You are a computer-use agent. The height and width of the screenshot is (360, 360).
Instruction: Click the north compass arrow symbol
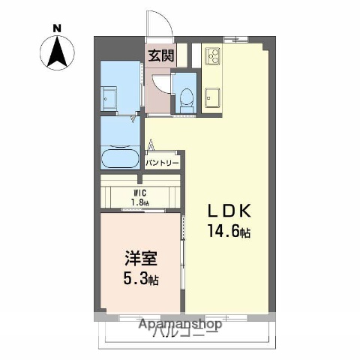57,52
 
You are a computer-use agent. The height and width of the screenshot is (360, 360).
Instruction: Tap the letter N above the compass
57,28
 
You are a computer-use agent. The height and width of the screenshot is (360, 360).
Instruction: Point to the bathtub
119,158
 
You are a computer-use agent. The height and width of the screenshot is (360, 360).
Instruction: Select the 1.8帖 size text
139,202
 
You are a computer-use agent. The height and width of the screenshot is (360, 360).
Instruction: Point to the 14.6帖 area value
224,232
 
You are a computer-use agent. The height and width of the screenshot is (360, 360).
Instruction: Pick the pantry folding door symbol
151,145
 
